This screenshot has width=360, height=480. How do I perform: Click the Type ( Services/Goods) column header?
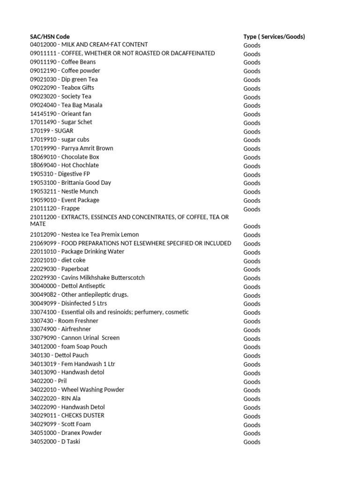(x=274, y=37)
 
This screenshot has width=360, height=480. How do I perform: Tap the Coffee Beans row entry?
(x=63, y=62)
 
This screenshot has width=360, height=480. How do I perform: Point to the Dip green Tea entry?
(x=64, y=79)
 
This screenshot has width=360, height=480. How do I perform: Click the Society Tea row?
(x=60, y=96)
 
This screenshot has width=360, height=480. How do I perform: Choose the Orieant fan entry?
(x=60, y=113)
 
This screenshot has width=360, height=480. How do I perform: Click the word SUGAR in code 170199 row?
(x=64, y=131)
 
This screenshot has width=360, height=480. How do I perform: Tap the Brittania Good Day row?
(x=70, y=182)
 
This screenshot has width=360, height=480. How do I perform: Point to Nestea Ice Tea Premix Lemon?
(x=84, y=234)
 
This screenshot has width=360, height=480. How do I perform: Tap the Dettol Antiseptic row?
(x=67, y=286)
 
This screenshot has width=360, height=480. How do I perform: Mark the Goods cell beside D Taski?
(x=252, y=442)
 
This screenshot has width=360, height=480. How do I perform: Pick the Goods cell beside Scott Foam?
(x=252, y=425)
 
